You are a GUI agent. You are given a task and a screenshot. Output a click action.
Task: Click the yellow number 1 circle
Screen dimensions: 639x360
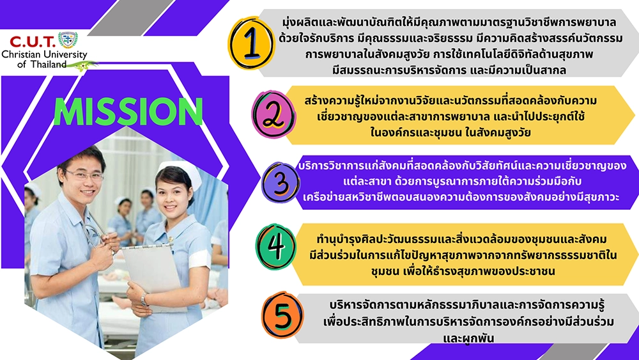(x=251, y=43)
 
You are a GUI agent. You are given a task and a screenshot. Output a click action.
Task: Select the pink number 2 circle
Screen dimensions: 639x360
(x=273, y=114)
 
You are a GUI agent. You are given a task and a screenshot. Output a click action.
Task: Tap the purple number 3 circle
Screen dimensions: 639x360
(x=281, y=182)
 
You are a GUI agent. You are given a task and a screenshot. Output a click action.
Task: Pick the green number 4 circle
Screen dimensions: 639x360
(x=276, y=247)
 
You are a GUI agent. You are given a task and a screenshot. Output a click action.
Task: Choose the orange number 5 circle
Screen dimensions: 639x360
(x=282, y=315)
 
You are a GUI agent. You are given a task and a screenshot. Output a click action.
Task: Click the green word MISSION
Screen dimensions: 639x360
(x=128, y=112)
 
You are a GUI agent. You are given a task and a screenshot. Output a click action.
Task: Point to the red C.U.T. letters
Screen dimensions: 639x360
(x=32, y=42)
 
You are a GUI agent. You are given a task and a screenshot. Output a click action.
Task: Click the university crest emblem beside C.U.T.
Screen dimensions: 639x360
(x=68, y=40)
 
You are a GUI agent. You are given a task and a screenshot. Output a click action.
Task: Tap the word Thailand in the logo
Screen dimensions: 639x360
(x=49, y=64)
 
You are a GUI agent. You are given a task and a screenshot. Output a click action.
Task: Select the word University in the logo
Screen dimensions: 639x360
(x=65, y=54)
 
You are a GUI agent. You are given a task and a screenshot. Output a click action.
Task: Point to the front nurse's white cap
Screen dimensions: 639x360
(x=180, y=171)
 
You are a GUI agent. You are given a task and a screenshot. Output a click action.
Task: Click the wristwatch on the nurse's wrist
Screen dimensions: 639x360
(x=144, y=300)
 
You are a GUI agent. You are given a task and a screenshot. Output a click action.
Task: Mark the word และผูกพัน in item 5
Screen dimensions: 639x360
(x=468, y=338)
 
